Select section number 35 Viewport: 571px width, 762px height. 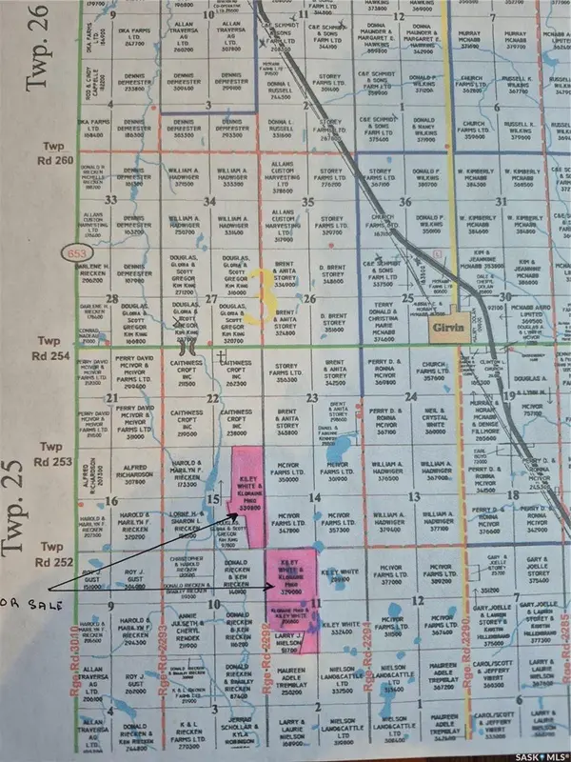[x=305, y=201]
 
